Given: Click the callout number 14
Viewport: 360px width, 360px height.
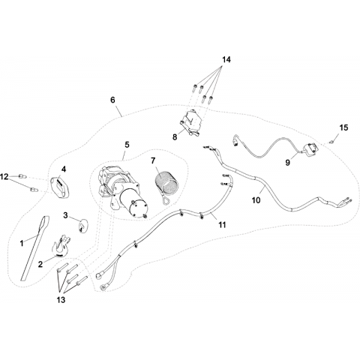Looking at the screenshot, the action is pyautogui.click(x=226, y=60).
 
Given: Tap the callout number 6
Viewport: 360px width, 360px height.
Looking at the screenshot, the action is pyautogui.click(x=112, y=100).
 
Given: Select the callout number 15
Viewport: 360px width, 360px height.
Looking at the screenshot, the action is pyautogui.click(x=343, y=127).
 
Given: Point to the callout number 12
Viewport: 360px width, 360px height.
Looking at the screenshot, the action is pyautogui.click(x=4, y=177).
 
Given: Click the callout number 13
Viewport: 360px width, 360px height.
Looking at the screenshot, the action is pyautogui.click(x=61, y=299).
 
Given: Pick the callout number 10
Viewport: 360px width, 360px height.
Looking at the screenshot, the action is pyautogui.click(x=256, y=200).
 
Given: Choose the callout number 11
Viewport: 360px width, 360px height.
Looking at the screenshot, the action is pyautogui.click(x=222, y=225).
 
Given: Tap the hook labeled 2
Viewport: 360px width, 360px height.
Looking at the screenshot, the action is pyautogui.click(x=61, y=247).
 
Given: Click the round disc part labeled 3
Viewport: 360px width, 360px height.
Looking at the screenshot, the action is pyautogui.click(x=82, y=225).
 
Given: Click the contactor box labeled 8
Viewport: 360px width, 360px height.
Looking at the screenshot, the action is pyautogui.click(x=191, y=122).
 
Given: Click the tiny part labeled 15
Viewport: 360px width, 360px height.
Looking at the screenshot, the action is pyautogui.click(x=331, y=142).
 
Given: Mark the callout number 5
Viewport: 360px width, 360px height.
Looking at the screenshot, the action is pyautogui.click(x=127, y=145).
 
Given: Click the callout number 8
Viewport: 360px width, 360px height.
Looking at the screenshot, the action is pyautogui.click(x=175, y=136).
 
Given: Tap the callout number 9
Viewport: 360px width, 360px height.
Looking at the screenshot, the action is pyautogui.click(x=288, y=163).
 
